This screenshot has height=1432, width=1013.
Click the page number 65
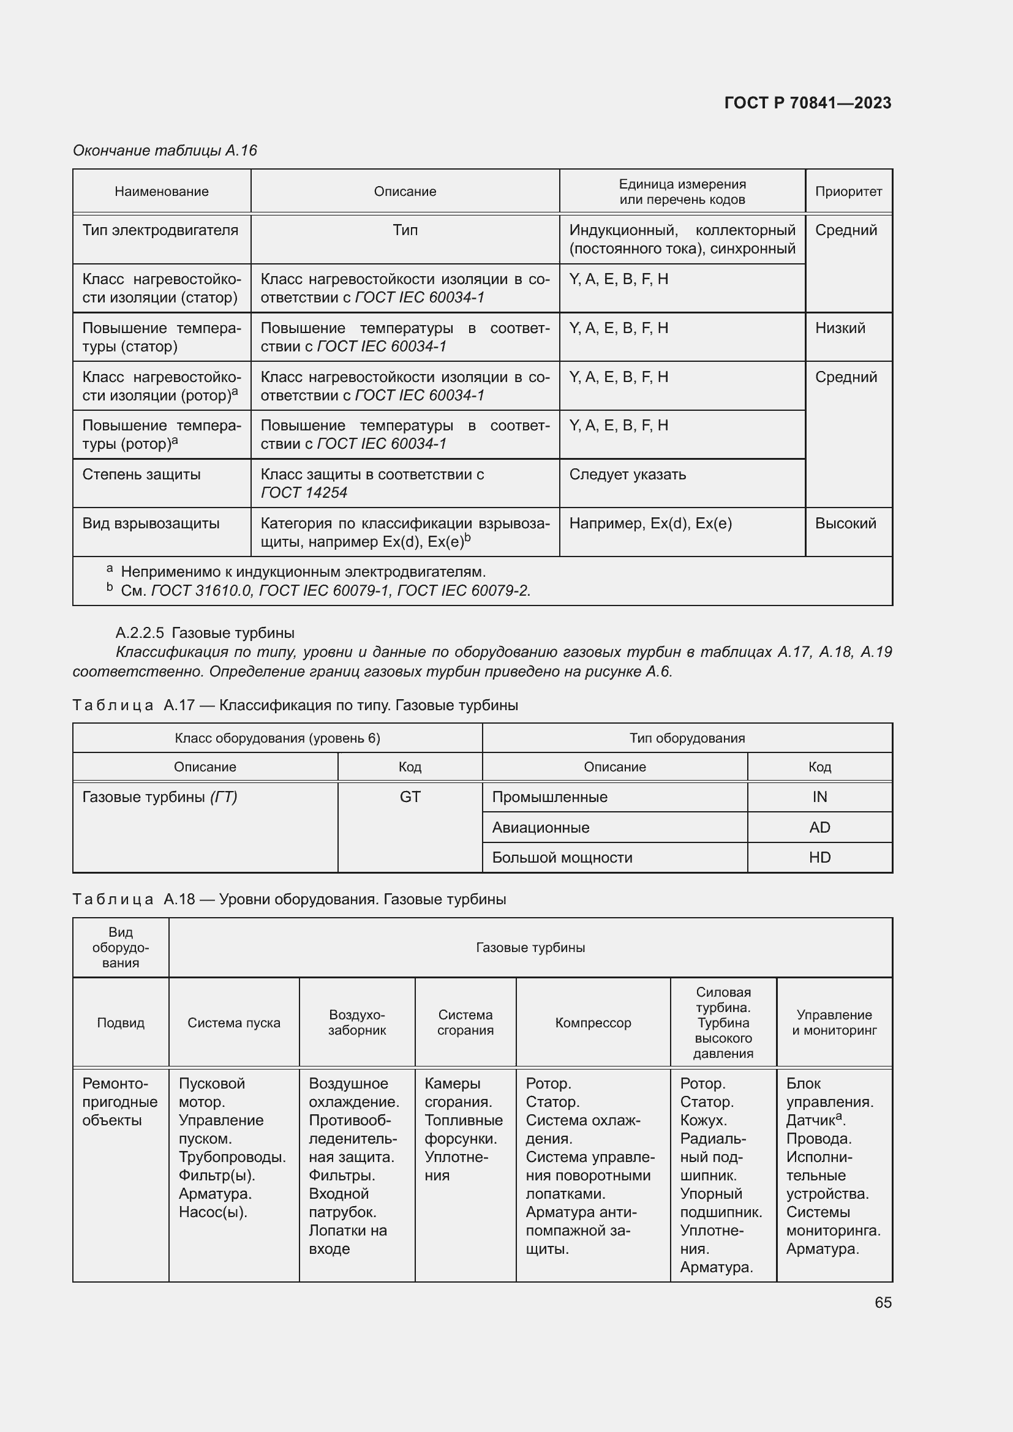(883, 1302)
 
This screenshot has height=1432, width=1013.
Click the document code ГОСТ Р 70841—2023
(807, 103)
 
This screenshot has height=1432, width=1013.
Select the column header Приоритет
(848, 192)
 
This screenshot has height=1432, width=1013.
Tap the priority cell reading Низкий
(840, 328)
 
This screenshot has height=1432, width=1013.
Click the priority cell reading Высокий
(845, 523)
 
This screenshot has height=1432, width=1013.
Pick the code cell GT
(410, 797)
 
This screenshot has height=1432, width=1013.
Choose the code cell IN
(819, 797)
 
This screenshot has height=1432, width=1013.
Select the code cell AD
(819, 828)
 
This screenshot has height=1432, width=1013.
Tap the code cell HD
(819, 858)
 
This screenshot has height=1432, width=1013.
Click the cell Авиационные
(540, 828)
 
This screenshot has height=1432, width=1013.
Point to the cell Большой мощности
(562, 858)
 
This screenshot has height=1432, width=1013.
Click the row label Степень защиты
(141, 474)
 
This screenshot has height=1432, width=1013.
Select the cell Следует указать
(627, 474)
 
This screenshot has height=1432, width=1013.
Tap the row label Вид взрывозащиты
(151, 523)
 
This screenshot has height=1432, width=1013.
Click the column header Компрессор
(593, 1023)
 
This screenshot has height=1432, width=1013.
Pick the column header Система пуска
(234, 1023)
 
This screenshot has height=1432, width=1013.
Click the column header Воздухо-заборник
(357, 1023)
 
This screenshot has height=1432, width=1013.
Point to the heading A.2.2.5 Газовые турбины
(205, 633)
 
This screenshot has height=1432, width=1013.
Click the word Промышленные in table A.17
(549, 797)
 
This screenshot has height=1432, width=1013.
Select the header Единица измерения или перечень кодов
(682, 192)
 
